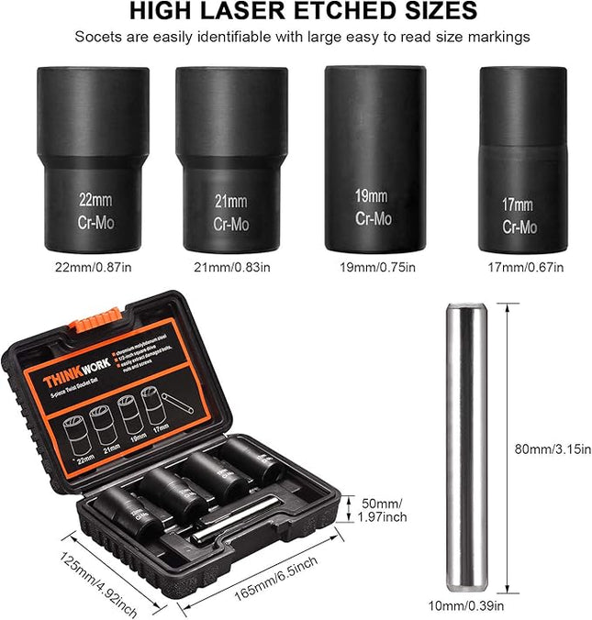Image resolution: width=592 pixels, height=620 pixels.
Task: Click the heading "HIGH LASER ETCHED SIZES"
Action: click(x=302, y=12)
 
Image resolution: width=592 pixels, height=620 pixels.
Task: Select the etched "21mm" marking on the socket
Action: click(x=231, y=202)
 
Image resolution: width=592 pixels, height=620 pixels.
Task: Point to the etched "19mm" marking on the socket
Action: click(x=372, y=195)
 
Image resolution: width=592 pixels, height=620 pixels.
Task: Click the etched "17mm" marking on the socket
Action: click(x=518, y=205)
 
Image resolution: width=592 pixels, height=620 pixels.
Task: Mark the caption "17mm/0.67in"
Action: click(x=519, y=267)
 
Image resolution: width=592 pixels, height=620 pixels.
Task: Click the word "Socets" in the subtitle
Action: click(x=97, y=38)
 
